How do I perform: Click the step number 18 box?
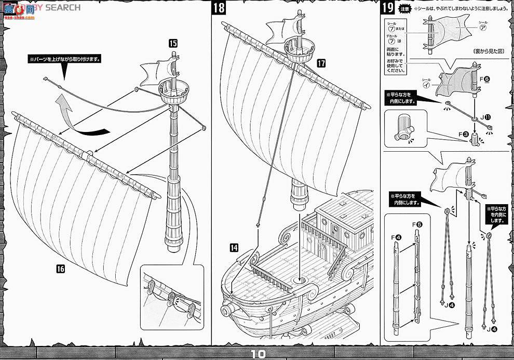coord(219,8)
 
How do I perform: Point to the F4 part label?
coord(398,238)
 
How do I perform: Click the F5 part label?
coord(417,225)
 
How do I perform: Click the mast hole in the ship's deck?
coord(300,281)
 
